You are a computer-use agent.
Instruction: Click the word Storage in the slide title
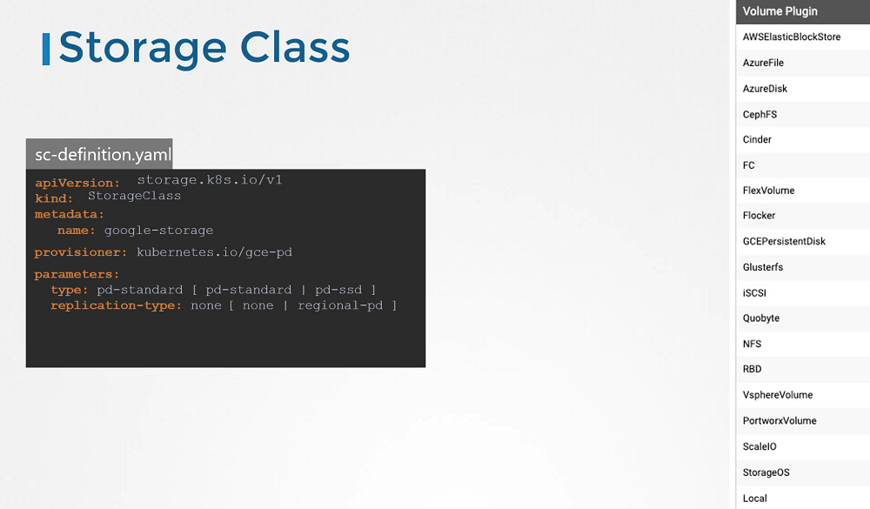[x=143, y=49]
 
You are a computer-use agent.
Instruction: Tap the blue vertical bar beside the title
[x=46, y=49]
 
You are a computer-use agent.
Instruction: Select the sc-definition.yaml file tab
[x=99, y=154]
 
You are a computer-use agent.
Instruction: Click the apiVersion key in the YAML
[x=77, y=184]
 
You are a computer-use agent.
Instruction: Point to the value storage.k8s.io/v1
[x=210, y=180]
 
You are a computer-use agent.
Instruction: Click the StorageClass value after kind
[x=134, y=196]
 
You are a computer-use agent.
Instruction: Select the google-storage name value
[x=158, y=231]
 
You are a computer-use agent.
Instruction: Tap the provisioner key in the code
[x=80, y=252]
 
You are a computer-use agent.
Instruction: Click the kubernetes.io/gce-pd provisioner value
[x=214, y=252]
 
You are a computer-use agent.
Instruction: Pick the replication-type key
[x=116, y=306]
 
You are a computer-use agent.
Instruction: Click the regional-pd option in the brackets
[x=340, y=306]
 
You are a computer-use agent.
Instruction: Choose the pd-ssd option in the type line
[x=338, y=290]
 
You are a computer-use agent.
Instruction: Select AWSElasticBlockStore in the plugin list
[x=791, y=37]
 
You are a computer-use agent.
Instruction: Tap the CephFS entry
[x=760, y=114]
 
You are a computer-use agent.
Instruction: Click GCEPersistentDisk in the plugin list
[x=784, y=242]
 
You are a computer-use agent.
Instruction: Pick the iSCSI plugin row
[x=754, y=293]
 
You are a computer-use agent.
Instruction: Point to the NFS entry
[x=752, y=345]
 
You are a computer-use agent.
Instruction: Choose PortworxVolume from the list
[x=780, y=421]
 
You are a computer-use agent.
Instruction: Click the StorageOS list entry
[x=766, y=472]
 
